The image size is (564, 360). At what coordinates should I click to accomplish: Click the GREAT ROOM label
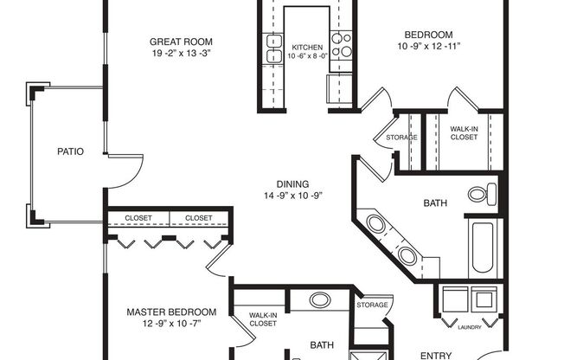click(181, 42)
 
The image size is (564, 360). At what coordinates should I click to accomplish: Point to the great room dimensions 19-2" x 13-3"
click(181, 53)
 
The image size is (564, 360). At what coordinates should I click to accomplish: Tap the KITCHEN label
click(307, 48)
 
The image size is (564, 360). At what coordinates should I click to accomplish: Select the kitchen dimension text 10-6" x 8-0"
click(307, 57)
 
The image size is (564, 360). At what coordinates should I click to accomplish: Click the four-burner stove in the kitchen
click(342, 44)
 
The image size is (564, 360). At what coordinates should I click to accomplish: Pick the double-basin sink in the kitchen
click(274, 49)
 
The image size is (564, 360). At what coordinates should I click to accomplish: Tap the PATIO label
click(70, 151)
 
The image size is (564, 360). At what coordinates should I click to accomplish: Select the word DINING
click(293, 183)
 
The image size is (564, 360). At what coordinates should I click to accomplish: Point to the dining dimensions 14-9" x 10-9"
click(293, 195)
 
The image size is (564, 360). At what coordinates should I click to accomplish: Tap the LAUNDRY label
click(471, 326)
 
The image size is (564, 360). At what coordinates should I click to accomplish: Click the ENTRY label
click(436, 355)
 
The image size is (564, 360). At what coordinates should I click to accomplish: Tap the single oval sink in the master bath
click(320, 301)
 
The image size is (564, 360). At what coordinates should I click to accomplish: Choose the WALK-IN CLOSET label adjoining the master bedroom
click(262, 319)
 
